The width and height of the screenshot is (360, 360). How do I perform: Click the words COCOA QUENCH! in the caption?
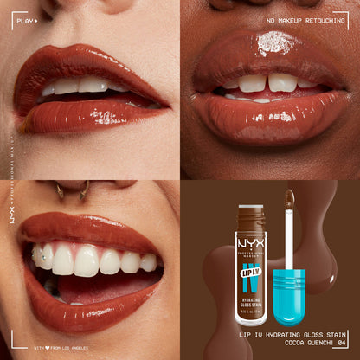pos(302,342)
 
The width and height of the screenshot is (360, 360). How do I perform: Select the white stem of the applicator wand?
pos(289,246)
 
